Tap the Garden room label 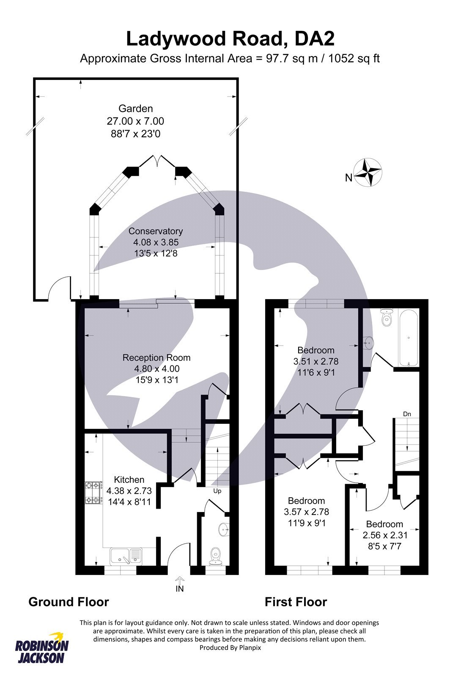click(135, 109)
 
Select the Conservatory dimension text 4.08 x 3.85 click(156, 242)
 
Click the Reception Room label click(156, 358)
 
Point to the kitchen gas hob click(94, 493)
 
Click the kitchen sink click(126, 556)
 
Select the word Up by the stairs click(217, 491)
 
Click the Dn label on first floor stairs click(407, 414)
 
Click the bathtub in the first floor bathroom click(409, 338)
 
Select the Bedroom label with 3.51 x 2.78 click(316, 350)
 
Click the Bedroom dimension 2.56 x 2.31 click(385, 535)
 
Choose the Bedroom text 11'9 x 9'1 click(306, 523)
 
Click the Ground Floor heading click(69, 602)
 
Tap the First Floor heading click(296, 602)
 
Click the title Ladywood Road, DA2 click(230, 39)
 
